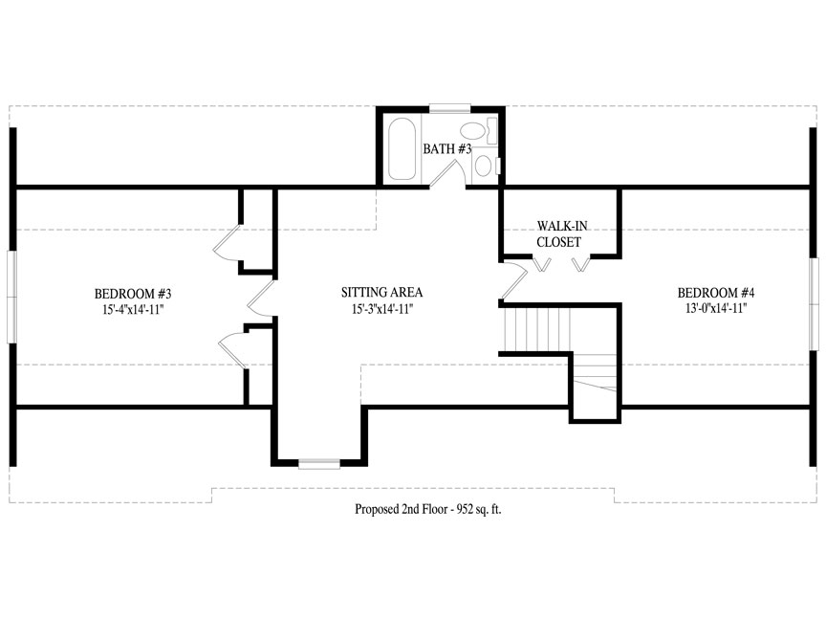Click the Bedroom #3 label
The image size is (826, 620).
(x=133, y=293)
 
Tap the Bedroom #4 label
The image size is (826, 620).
(x=716, y=293)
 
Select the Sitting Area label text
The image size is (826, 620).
(x=381, y=292)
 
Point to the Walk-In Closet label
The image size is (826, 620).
(x=560, y=234)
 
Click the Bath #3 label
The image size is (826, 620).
(x=447, y=149)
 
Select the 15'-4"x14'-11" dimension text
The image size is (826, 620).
(x=134, y=309)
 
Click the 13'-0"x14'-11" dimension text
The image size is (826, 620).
(x=716, y=308)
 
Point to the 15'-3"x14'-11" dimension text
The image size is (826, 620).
(x=381, y=309)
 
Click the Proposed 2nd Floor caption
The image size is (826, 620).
(x=427, y=509)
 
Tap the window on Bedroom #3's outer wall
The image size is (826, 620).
(x=11, y=297)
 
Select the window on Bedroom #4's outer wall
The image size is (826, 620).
(x=815, y=304)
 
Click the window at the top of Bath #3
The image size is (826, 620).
(x=450, y=108)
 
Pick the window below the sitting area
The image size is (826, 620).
(x=319, y=464)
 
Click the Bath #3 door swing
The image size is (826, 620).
(x=447, y=173)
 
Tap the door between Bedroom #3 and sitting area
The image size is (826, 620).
(x=261, y=299)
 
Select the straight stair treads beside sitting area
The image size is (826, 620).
(x=537, y=329)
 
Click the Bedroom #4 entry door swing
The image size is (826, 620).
(x=514, y=279)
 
